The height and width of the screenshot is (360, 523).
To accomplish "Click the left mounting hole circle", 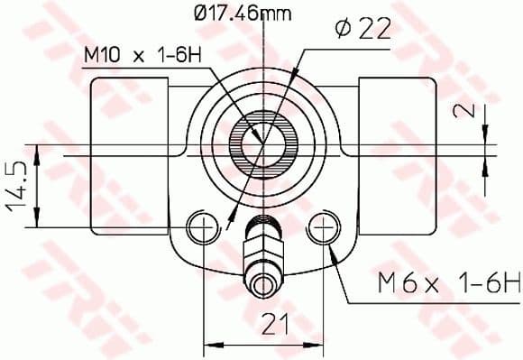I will click(200, 226).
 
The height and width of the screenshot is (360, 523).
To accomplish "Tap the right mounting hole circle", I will click(323, 226).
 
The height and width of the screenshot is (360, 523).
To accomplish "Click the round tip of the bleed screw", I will click(262, 286).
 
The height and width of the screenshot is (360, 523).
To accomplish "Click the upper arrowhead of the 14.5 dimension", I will click(36, 151).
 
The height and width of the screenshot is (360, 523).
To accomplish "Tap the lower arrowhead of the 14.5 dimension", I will click(36, 223).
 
